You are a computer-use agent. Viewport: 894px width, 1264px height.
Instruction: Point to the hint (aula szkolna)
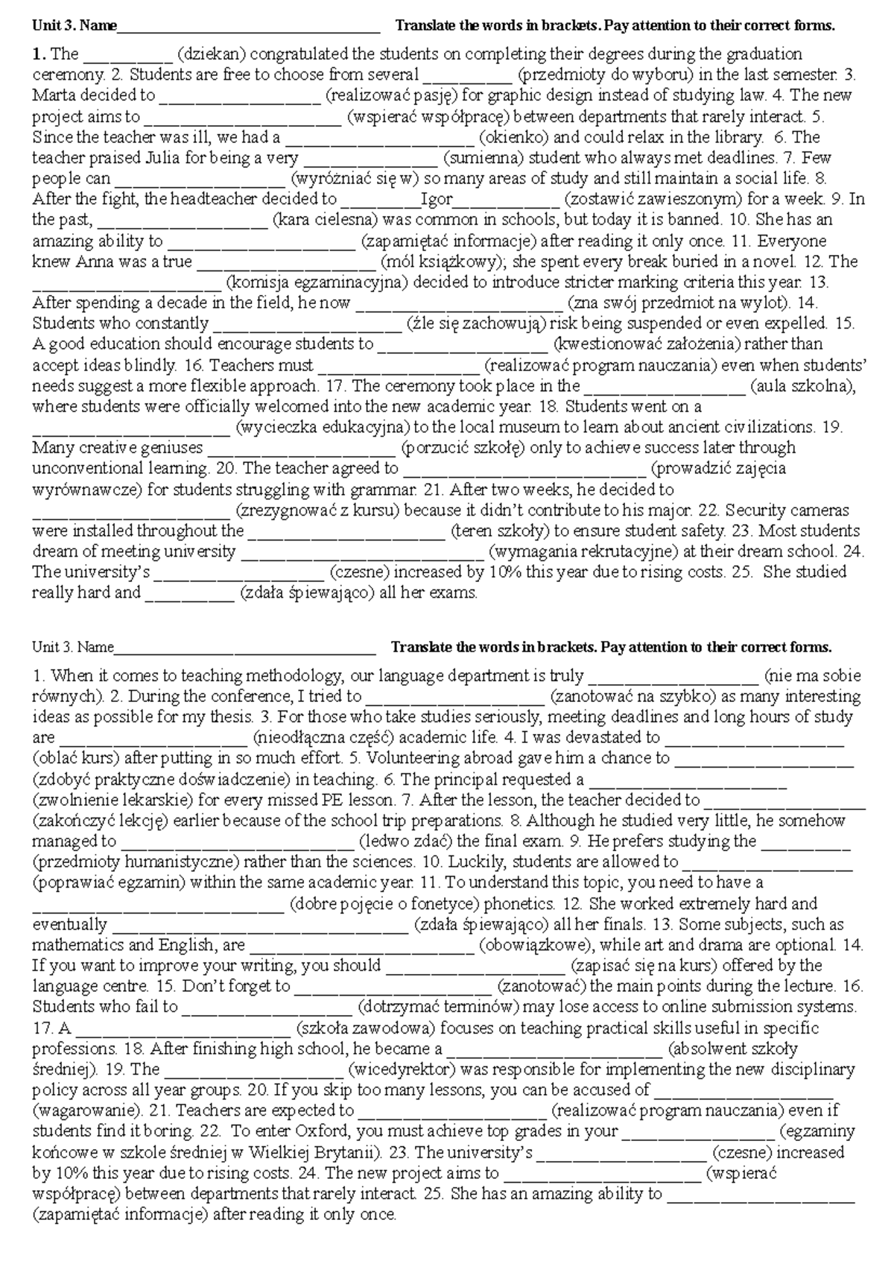(802, 386)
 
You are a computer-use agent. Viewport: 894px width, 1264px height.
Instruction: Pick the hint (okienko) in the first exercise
(514, 137)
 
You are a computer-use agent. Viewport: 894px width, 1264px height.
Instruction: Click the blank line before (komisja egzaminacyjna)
(126, 283)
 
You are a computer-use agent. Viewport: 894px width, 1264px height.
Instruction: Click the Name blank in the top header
(249, 28)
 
